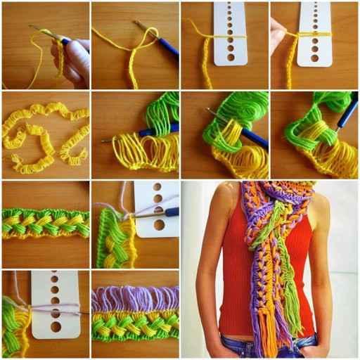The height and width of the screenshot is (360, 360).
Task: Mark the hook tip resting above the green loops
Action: (x=209, y=110)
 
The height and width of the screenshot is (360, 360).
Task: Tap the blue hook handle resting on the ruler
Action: (x=170, y=211)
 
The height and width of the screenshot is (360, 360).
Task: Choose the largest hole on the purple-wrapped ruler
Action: (x=56, y=326)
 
